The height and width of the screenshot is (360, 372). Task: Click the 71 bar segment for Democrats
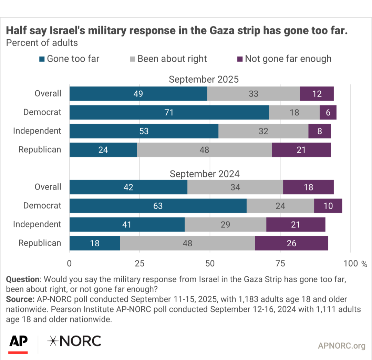[169, 112]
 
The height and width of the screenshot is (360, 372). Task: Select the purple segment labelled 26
[291, 243]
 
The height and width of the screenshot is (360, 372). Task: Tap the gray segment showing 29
[225, 225]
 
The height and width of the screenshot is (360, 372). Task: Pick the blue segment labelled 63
[158, 206]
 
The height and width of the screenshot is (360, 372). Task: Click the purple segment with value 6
[328, 112]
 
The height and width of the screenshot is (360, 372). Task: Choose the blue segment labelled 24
[103, 150]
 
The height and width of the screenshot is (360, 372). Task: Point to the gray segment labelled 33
[254, 94]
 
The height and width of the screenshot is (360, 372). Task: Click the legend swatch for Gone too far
[42, 59]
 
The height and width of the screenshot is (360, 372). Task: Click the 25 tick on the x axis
[139, 264]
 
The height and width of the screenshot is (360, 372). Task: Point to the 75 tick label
[280, 264]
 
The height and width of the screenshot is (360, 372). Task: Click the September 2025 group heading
[204, 79]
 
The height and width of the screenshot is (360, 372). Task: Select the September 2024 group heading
[205, 174]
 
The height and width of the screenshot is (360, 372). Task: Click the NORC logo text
[74, 341]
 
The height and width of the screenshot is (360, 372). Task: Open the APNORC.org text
[342, 346]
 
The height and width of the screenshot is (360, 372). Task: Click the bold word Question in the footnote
[23, 279]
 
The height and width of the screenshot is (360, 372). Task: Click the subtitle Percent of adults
[42, 43]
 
